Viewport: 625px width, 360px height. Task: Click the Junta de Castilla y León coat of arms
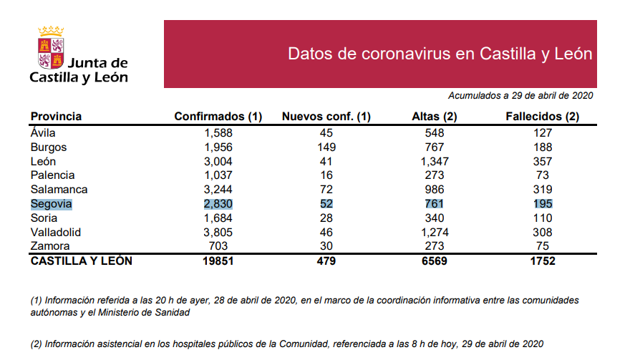tap(51, 48)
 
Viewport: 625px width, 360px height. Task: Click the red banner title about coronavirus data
tap(440, 54)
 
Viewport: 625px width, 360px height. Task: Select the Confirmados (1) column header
tap(218, 117)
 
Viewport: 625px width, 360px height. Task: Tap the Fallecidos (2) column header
tap(542, 117)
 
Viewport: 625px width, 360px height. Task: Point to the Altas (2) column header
tap(435, 117)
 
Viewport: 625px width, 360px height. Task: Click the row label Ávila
tap(43, 132)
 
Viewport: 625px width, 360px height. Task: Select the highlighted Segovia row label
tap(52, 204)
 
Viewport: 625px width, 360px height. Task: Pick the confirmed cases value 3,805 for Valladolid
tap(219, 233)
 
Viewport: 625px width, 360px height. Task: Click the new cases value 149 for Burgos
tap(326, 147)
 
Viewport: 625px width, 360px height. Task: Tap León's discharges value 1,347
tap(434, 161)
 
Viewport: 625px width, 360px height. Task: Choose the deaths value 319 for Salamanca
tap(542, 190)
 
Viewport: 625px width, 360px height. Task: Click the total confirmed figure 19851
tap(219, 261)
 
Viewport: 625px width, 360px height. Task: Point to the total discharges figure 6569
tap(434, 261)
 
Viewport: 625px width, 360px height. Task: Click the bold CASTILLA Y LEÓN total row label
tap(81, 261)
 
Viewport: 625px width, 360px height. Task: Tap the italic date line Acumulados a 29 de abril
tap(520, 95)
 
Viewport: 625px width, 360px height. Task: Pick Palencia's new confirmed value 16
tap(326, 175)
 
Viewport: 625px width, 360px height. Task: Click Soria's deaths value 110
tap(542, 218)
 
